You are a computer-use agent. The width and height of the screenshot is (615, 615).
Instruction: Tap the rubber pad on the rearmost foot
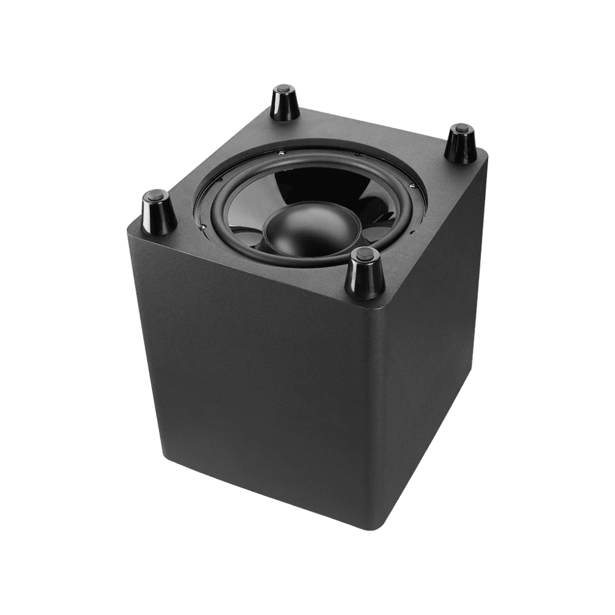click(282, 89)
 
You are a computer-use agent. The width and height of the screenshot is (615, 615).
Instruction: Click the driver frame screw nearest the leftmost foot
click(202, 227)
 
